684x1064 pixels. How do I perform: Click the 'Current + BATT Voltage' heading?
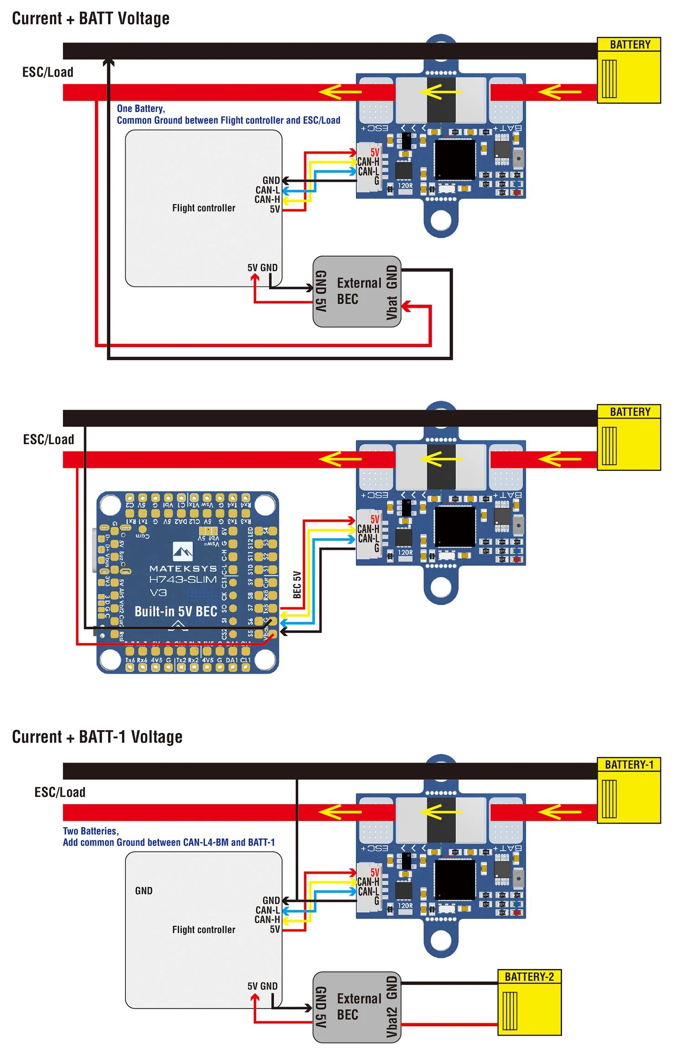tap(90, 18)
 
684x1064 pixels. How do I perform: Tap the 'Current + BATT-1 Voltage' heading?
tap(97, 736)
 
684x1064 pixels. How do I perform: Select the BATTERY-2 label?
tap(529, 976)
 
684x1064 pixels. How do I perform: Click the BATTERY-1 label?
tap(629, 764)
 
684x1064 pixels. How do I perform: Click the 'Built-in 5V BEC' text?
tap(176, 611)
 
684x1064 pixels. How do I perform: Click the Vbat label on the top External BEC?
tap(392, 307)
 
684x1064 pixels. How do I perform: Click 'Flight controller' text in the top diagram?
tap(203, 208)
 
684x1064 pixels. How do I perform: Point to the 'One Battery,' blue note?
tap(140, 109)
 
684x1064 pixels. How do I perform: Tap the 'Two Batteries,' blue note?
tap(90, 830)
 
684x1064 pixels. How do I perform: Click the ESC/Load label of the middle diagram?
tap(48, 439)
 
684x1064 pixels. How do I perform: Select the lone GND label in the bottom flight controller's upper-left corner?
tap(144, 890)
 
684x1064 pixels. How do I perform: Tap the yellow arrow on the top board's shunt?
tap(440, 92)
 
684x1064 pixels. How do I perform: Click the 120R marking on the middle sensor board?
tap(405, 552)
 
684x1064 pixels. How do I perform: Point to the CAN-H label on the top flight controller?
tap(267, 199)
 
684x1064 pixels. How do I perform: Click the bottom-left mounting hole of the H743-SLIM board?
tap(110, 658)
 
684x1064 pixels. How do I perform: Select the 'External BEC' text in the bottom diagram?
tap(358, 1006)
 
